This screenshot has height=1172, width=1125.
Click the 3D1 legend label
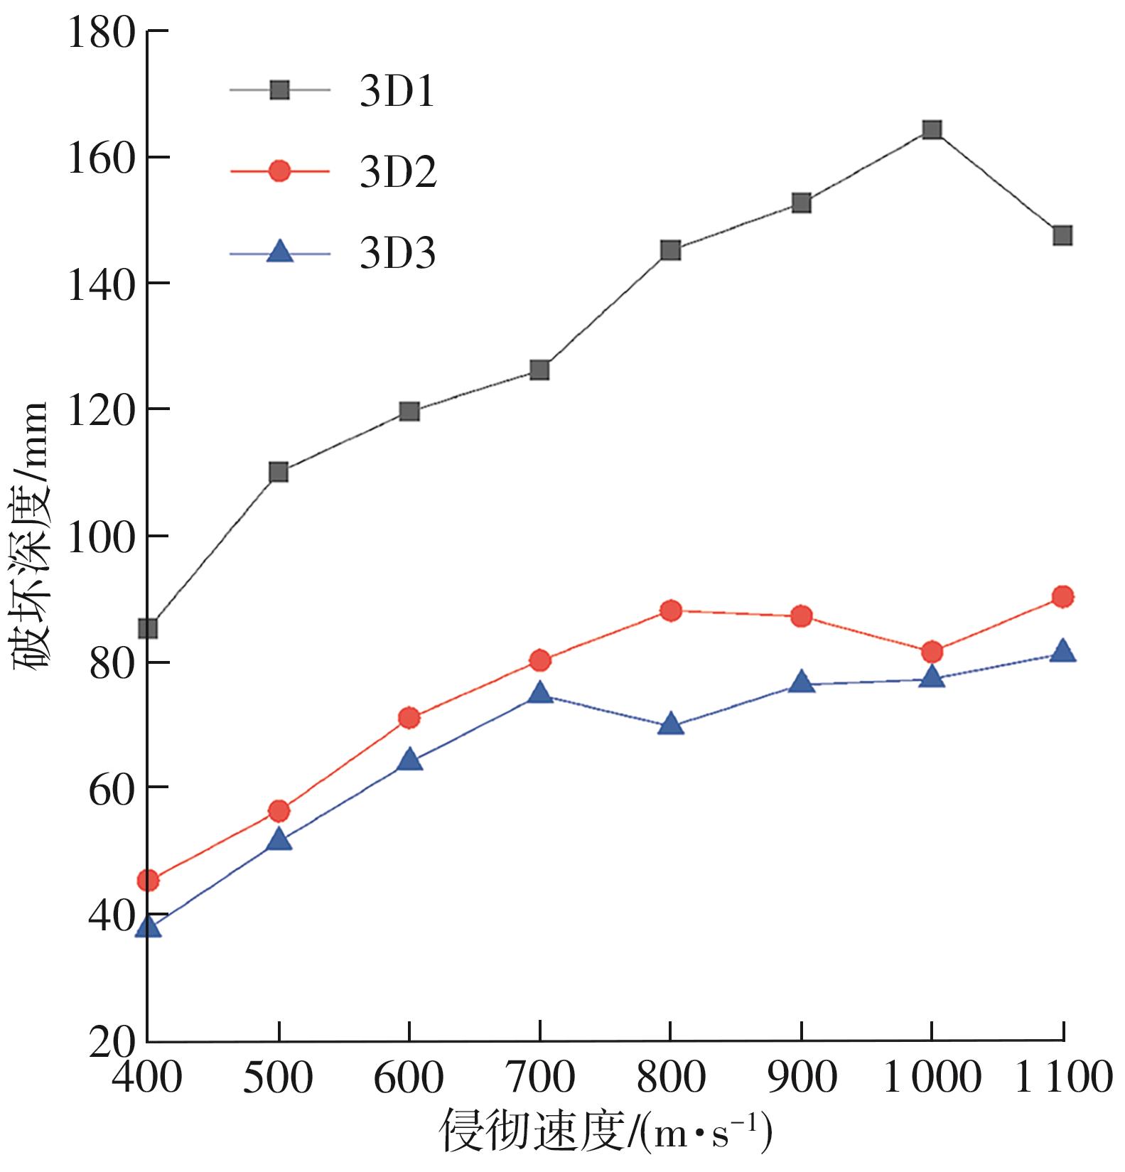tap(397, 92)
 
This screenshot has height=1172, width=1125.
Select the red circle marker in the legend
tap(280, 171)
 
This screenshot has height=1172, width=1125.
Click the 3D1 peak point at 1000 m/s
tap(932, 129)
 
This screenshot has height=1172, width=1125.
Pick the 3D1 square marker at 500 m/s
tap(279, 472)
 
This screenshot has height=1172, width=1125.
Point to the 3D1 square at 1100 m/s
tap(1062, 235)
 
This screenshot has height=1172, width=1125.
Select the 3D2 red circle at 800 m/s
tap(671, 610)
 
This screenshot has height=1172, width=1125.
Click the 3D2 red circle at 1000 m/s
tap(932, 651)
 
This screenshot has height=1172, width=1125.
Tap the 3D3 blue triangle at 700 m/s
tap(540, 693)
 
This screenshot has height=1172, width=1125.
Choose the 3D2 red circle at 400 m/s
tap(148, 881)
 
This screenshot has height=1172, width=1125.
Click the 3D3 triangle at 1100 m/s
tap(1062, 651)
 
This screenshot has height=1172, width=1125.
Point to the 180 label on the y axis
tap(101, 33)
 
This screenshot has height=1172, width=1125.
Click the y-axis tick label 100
tap(101, 538)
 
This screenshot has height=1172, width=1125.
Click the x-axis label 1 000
tap(931, 1078)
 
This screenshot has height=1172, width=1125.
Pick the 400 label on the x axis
tap(148, 1078)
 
